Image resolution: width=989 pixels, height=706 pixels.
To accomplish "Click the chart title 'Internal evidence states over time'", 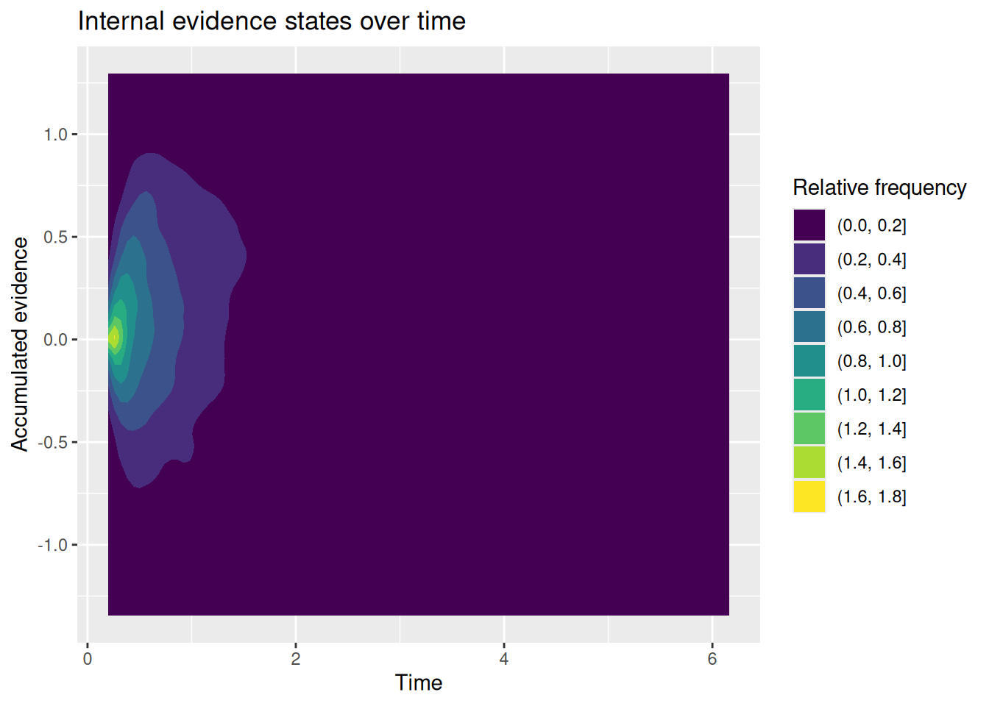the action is pyautogui.click(x=272, y=21).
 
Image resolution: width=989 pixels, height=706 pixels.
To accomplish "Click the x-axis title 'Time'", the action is pyautogui.click(x=418, y=682).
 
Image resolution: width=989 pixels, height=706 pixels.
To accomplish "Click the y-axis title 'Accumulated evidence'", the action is pyautogui.click(x=19, y=344).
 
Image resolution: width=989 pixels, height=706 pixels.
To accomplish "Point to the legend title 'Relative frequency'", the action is pyautogui.click(x=879, y=188).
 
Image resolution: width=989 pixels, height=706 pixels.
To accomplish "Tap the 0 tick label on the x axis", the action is pyautogui.click(x=88, y=659).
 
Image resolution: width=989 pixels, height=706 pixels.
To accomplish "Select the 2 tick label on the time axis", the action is pyautogui.click(x=296, y=659).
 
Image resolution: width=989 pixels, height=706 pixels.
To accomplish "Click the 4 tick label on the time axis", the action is pyautogui.click(x=504, y=659).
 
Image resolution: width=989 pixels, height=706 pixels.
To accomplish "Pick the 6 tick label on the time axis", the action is pyautogui.click(x=712, y=659).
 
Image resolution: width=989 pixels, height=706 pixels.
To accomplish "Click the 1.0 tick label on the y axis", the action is pyautogui.click(x=55, y=135).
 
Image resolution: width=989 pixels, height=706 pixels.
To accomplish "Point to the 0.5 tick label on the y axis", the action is pyautogui.click(x=55, y=237).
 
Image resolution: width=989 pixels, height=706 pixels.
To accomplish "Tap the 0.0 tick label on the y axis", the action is pyautogui.click(x=55, y=340).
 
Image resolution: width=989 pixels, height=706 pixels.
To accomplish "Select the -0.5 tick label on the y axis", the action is pyautogui.click(x=52, y=443).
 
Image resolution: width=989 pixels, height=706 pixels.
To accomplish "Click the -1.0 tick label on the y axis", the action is pyautogui.click(x=52, y=546).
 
